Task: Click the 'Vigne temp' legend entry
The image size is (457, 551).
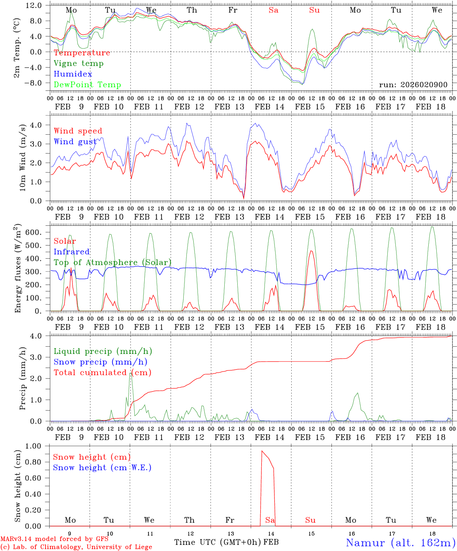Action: pos(78,64)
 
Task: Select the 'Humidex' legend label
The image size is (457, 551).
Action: pos(73,74)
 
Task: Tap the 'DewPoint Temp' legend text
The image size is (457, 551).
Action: pos(87,85)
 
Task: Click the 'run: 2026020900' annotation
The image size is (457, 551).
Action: pos(413,85)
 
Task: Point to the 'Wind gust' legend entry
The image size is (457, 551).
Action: pos(75,142)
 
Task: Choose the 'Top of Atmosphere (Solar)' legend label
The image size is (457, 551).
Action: pos(113,262)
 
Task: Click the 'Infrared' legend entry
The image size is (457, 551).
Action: pos(72,252)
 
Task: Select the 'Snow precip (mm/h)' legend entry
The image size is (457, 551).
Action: pos(100,362)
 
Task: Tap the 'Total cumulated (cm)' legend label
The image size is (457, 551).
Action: pos(102,373)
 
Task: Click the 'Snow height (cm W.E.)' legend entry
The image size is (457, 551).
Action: pos(102,468)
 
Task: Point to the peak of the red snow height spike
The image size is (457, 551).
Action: pos(262,451)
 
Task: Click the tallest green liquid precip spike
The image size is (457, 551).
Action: pos(131,373)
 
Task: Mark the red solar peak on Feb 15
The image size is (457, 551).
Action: pos(311,251)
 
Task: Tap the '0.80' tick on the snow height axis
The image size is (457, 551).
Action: pos(34,462)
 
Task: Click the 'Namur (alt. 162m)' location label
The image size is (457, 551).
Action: pos(400,543)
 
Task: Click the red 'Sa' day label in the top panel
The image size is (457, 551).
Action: pos(273,10)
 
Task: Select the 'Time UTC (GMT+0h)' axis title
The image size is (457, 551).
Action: pos(218,542)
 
